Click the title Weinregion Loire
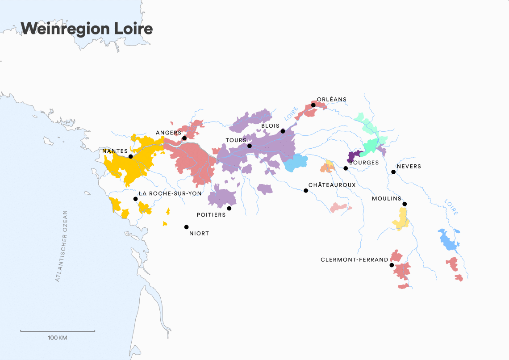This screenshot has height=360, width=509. [87, 29]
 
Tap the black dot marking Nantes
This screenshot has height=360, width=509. [130, 157]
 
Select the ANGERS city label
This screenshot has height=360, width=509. [168, 133]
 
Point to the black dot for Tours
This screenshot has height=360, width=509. [250, 146]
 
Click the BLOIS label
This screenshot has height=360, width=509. [271, 126]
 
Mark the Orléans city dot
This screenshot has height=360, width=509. [313, 105]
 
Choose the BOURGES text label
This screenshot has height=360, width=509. [364, 163]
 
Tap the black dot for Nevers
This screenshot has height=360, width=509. [393, 172]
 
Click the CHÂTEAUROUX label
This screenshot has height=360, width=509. [332, 184]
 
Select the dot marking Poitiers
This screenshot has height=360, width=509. [229, 208]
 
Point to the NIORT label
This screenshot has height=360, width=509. [199, 233]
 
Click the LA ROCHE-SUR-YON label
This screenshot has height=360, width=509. [170, 193]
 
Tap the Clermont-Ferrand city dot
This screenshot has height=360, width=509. [392, 265]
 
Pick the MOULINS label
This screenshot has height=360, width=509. [387, 199]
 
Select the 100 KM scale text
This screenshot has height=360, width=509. [57, 338]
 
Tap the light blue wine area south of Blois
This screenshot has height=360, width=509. [295, 163]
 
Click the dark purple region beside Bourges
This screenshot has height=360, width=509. [354, 155]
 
